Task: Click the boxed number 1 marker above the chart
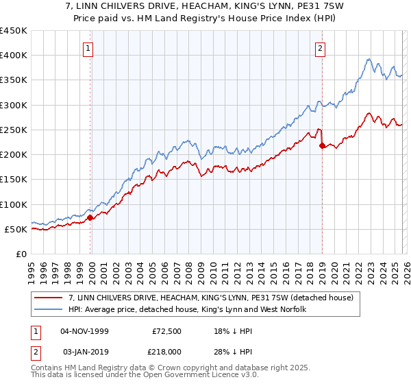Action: coord(89,48)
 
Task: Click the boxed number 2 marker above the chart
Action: coord(320,48)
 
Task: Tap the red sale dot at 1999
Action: coord(90,217)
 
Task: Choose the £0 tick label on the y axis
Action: coord(22,254)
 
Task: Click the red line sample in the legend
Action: coord(49,298)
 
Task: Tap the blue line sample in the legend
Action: coord(49,310)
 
